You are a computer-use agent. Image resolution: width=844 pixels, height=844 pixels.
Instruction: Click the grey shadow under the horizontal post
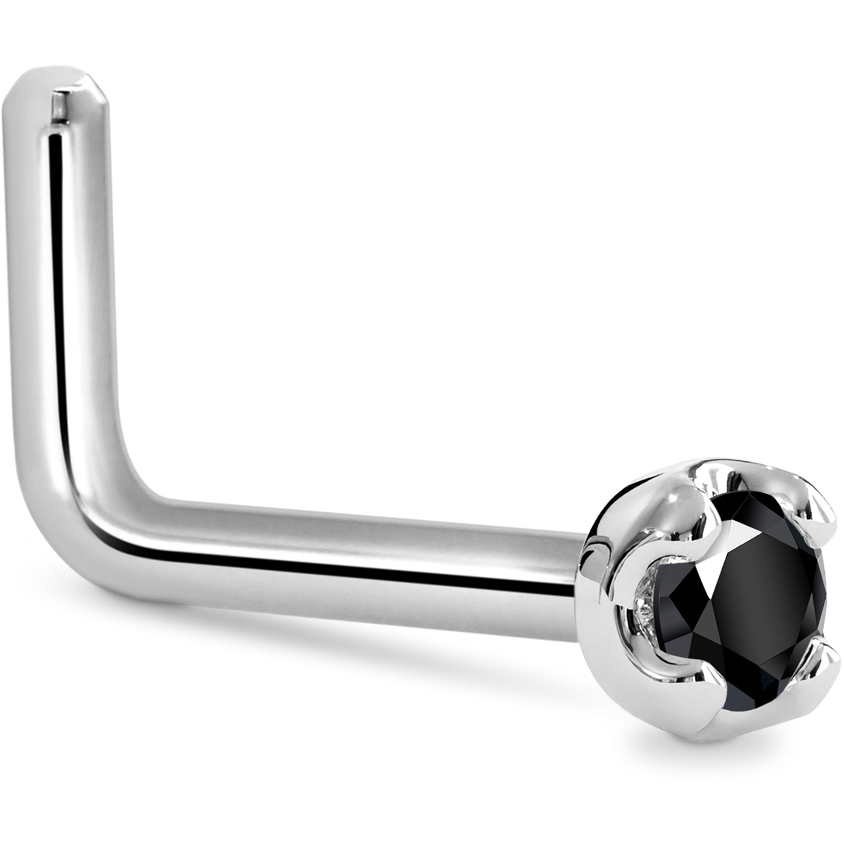350,654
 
